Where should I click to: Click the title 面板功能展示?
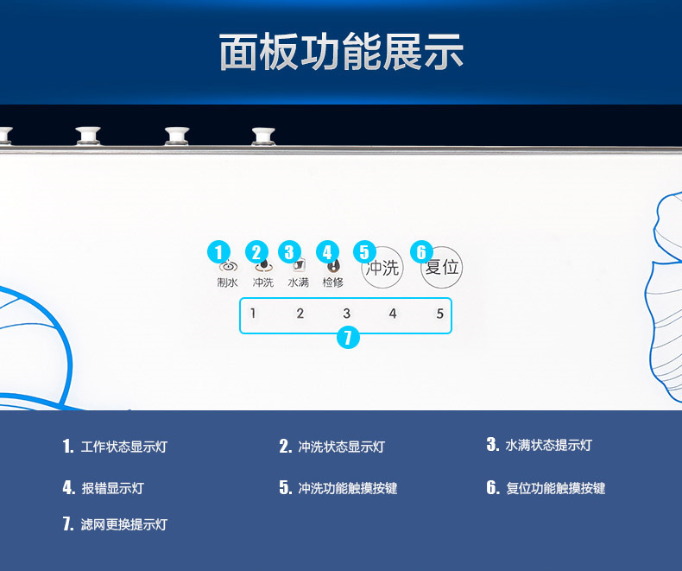click(x=341, y=52)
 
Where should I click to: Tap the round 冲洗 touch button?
click(x=382, y=268)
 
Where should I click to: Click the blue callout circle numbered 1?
click(x=220, y=252)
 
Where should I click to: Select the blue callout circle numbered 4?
click(x=327, y=252)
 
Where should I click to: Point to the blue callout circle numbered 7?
click(x=347, y=338)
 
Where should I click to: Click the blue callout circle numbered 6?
click(x=421, y=252)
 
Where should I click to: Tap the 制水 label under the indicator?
click(x=227, y=282)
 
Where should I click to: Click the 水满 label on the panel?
click(x=299, y=282)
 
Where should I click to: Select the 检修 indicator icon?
click(x=334, y=267)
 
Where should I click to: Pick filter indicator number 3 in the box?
click(x=346, y=314)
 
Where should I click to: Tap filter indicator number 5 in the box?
click(x=439, y=314)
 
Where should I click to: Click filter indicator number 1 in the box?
click(x=253, y=314)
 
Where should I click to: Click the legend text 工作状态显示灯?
click(x=123, y=447)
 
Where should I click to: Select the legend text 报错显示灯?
click(x=112, y=488)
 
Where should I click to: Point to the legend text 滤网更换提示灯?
click(x=123, y=524)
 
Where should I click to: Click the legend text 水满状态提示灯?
click(x=548, y=446)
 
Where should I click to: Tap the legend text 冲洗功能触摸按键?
click(x=347, y=488)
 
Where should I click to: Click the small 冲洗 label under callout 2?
click(x=263, y=282)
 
